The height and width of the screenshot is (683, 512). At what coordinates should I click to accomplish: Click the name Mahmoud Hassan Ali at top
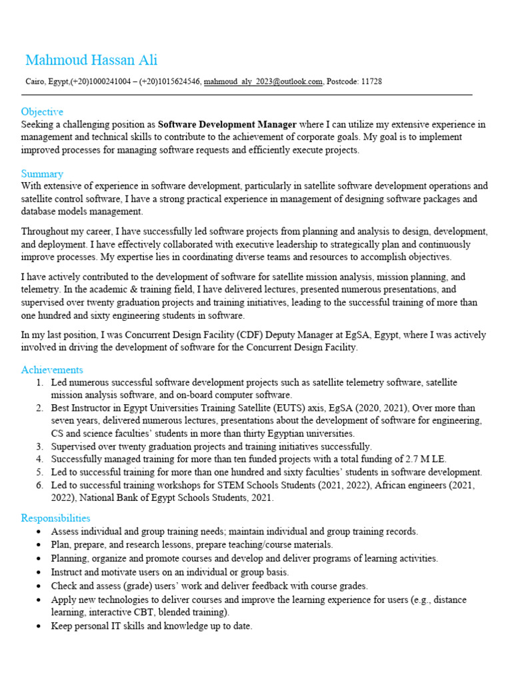pos(91,60)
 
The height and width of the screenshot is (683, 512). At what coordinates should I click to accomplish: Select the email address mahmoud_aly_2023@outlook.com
pos(263,81)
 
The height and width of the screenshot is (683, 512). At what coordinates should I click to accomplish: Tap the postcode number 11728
pos(371,81)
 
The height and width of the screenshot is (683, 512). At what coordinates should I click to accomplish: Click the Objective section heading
pos(42,112)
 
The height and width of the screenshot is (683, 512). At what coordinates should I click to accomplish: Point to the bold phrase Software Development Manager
pos(227,125)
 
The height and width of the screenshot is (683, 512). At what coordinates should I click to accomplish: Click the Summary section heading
pos(42,173)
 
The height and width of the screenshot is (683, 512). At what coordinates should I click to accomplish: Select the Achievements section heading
pos(52,370)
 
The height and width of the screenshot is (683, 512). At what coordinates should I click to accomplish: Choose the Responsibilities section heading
pos(55,518)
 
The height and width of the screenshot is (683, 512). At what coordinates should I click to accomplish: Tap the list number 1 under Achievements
pos(39,383)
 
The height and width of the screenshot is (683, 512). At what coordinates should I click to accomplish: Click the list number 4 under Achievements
pos(39,460)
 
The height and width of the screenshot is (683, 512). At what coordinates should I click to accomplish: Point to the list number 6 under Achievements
pos(39,485)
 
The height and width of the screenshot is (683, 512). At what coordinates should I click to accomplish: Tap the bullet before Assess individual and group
pos(41,532)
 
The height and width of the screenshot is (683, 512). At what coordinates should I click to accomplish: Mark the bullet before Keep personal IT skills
pos(41,627)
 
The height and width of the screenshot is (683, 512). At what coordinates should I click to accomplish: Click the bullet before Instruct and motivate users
pos(41,572)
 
